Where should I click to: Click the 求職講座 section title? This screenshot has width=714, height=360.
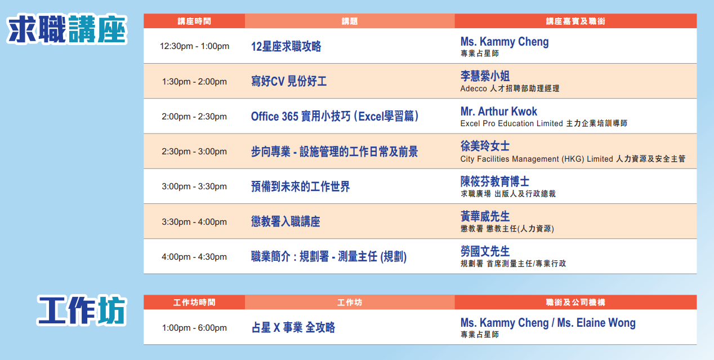[67, 29]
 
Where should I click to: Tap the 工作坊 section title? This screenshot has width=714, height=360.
[82, 310]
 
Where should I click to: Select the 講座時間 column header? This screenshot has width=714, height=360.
[194, 21]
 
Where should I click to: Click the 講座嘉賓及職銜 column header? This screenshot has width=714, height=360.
[575, 21]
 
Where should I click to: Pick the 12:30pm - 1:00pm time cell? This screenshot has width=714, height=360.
[194, 46]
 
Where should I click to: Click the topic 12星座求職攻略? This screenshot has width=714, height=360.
[286, 47]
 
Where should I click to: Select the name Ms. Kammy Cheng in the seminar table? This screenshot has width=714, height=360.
[505, 42]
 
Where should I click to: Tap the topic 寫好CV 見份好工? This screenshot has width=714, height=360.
[289, 81]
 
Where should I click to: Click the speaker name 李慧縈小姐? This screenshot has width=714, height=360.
[485, 76]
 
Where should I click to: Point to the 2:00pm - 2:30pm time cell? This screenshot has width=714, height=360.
[194, 117]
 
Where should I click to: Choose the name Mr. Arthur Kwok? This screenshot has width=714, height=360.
[498, 112]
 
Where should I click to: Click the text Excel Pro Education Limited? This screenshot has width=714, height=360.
[512, 123]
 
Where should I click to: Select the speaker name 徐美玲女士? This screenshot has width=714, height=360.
[485, 146]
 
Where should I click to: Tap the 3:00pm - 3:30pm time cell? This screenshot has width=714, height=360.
[194, 186]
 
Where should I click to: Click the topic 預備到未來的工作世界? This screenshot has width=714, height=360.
[300, 186]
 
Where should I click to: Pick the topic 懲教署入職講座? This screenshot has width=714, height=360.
[285, 221]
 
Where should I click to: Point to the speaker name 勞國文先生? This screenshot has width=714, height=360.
[485, 251]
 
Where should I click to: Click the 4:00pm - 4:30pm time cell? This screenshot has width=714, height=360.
[194, 257]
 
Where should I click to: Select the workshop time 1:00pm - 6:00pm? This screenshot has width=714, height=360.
[194, 328]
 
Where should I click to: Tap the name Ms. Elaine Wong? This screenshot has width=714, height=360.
[596, 323]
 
